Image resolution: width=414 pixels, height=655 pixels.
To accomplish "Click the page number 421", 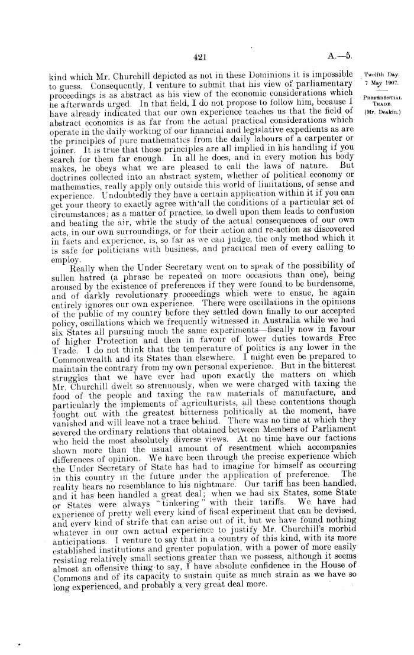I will point(199,57).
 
